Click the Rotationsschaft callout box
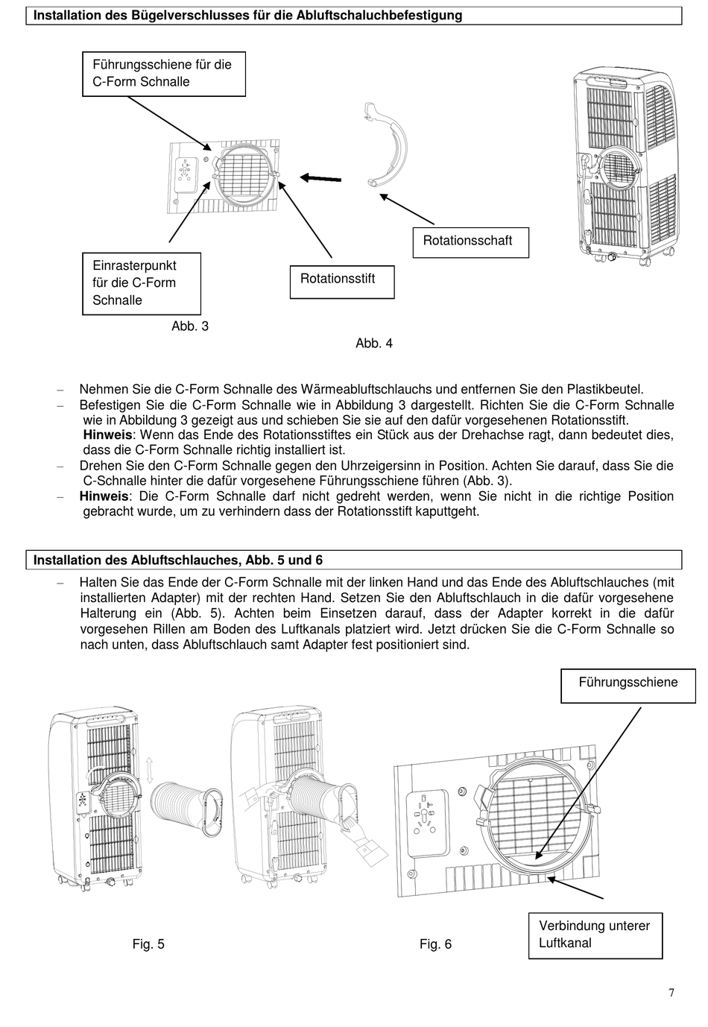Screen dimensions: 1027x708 pyautogui.click(x=470, y=241)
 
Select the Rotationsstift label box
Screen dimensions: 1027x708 pyautogui.click(x=341, y=281)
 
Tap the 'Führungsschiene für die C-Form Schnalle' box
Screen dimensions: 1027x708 pyautogui.click(x=163, y=74)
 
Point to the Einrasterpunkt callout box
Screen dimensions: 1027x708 pyautogui.click(x=141, y=283)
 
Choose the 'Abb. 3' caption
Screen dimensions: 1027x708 pyautogui.click(x=190, y=326)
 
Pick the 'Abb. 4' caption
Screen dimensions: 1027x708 pyautogui.click(x=374, y=344)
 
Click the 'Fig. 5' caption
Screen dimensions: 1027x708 pyautogui.click(x=148, y=944)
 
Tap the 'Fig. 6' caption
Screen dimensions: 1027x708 pyautogui.click(x=435, y=944)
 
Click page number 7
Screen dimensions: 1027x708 pyautogui.click(x=671, y=992)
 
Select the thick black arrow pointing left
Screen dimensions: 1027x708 pyautogui.click(x=320, y=177)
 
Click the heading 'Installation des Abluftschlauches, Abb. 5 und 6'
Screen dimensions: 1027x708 pyautogui.click(x=178, y=560)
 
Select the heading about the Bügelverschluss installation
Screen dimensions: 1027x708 pyautogui.click(x=248, y=15)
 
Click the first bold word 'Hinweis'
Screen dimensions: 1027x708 pyautogui.click(x=107, y=435)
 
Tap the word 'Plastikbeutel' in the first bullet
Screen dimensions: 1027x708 pyautogui.click(x=604, y=389)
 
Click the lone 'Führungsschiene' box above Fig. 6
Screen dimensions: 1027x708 pyautogui.click(x=628, y=683)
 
